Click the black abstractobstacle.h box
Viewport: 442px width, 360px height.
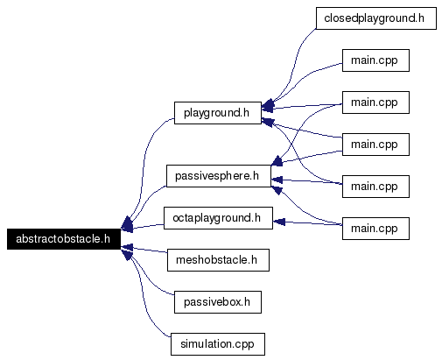coord(64,239)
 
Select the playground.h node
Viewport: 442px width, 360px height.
coord(218,113)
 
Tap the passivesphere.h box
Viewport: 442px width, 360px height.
coord(219,176)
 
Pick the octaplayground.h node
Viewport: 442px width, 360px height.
coord(218,218)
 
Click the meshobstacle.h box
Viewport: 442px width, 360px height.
coord(218,260)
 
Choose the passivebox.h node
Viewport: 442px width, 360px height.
coord(218,302)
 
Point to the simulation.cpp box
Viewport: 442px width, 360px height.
coord(218,344)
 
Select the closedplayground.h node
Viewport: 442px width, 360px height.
coord(376,18)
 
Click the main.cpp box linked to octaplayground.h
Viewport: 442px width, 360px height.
coord(375,229)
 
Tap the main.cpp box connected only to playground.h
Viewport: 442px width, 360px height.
coord(375,60)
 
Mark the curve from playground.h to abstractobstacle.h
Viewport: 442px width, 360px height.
coord(144,164)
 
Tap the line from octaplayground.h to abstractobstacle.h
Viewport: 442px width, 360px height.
coord(148,226)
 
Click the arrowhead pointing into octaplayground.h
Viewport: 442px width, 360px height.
coord(278,222)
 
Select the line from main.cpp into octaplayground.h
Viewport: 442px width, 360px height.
coord(308,223)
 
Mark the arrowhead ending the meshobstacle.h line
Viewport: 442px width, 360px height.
coord(127,248)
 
